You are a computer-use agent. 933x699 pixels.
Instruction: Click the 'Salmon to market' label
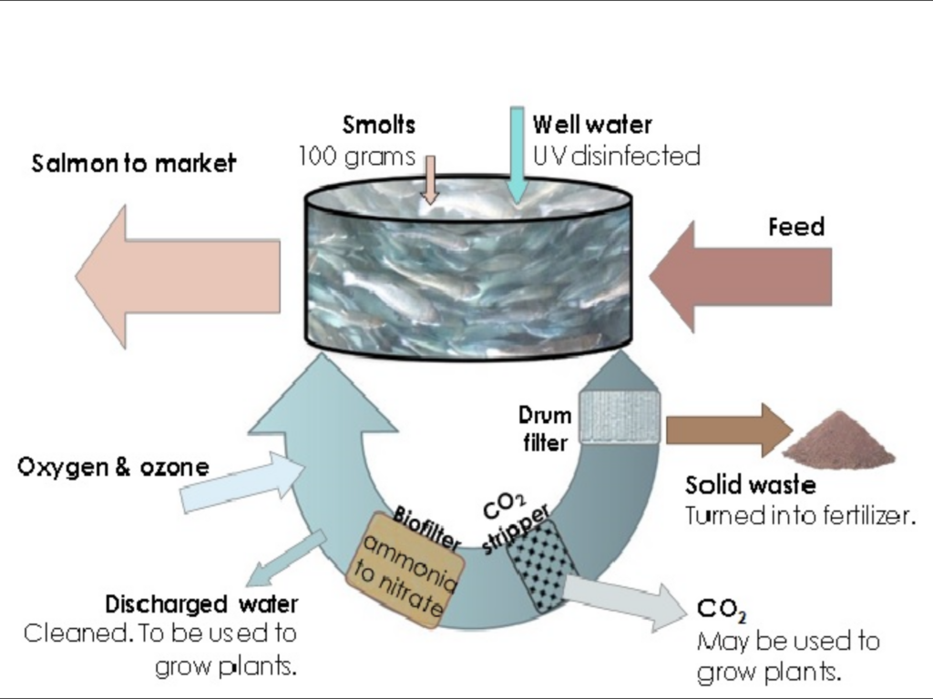(x=133, y=164)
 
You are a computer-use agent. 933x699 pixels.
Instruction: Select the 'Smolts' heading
(x=379, y=125)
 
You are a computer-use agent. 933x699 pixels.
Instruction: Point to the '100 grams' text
(x=356, y=157)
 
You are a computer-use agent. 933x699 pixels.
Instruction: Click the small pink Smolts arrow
(x=430, y=178)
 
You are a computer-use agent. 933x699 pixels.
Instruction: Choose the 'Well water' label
(x=592, y=125)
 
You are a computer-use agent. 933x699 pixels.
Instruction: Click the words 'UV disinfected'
(x=617, y=157)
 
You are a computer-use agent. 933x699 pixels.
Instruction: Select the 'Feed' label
(x=795, y=227)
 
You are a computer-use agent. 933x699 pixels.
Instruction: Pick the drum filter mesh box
(x=620, y=416)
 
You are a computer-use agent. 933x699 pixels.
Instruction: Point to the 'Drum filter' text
(x=546, y=429)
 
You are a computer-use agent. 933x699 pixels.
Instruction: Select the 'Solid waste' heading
(x=750, y=485)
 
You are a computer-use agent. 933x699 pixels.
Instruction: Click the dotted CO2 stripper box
(x=542, y=569)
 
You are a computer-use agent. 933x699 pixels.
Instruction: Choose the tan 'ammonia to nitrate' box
(x=406, y=572)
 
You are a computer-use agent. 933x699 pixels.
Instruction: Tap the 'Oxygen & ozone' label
(x=113, y=468)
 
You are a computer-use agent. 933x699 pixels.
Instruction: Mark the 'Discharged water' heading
(x=201, y=604)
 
